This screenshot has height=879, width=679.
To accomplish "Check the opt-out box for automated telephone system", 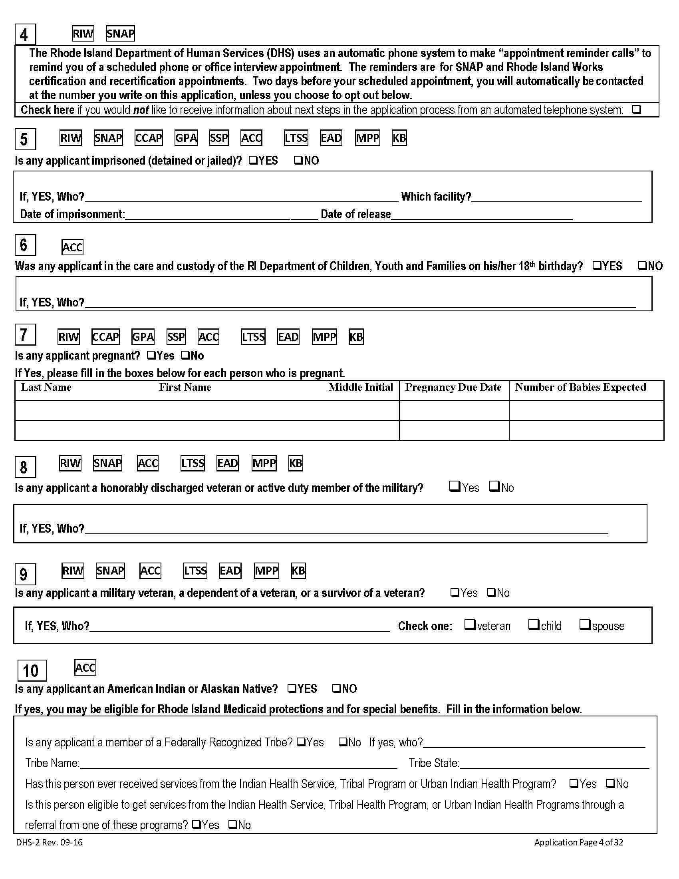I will [x=636, y=109].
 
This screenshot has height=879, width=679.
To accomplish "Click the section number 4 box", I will [x=25, y=35].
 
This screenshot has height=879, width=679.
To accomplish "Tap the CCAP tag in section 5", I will [x=149, y=138].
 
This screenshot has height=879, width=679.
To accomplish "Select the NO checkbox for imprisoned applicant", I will [x=298, y=160].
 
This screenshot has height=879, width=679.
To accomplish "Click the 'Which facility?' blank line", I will [x=557, y=197].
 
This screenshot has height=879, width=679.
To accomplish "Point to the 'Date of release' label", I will [x=355, y=214].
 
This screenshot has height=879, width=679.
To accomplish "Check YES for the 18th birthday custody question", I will [x=598, y=266].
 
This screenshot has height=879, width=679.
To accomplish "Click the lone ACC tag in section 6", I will [x=72, y=247].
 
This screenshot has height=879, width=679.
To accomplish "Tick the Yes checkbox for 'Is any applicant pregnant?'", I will [x=151, y=355].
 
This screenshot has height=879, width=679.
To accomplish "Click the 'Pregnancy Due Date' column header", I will [x=453, y=387].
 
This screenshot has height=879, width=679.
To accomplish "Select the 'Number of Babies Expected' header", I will [x=580, y=387].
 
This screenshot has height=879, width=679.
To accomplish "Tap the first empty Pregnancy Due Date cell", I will [x=454, y=410].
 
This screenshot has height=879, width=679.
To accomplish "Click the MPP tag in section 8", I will [x=264, y=463].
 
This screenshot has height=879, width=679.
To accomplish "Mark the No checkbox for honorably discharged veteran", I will [x=494, y=487].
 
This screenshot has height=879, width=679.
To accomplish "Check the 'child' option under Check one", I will [x=534, y=624].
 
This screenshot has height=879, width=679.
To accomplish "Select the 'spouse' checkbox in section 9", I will [x=585, y=624].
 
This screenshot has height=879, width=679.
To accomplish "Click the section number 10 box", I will [x=32, y=670].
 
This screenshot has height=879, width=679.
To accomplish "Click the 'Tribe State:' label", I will [x=434, y=763].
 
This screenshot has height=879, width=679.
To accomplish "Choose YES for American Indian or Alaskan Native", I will [x=292, y=688].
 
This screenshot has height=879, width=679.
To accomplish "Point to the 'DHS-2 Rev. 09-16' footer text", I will [x=50, y=842].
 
